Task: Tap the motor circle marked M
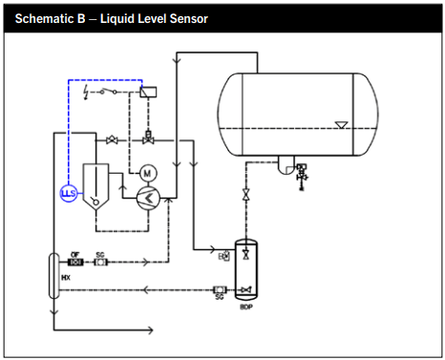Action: click(x=147, y=173)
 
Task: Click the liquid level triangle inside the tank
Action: click(x=342, y=124)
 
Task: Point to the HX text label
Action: click(x=66, y=277)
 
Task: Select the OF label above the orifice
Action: click(x=75, y=253)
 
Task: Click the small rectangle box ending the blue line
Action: click(x=146, y=91)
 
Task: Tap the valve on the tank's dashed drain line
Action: click(x=247, y=195)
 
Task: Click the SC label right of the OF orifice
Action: click(x=99, y=253)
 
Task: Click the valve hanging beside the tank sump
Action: click(x=303, y=173)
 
